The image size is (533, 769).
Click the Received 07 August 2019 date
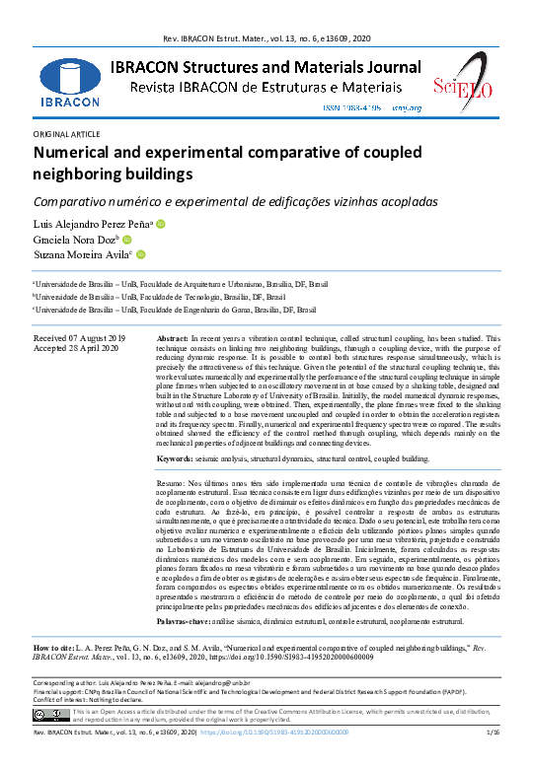(79, 338)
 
